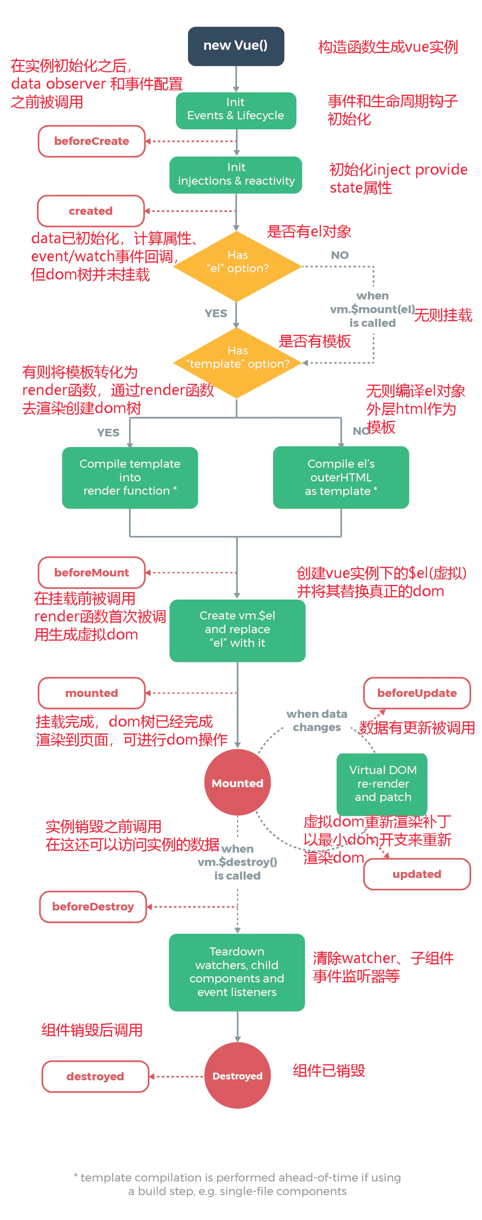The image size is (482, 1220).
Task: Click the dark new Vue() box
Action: [235, 46]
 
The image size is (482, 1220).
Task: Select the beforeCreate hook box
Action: [92, 141]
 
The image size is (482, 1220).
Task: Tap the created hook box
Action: [90, 211]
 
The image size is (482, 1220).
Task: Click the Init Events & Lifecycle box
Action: [235, 110]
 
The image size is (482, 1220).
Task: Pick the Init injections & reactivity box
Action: [235, 175]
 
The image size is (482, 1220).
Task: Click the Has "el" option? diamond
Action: [237, 266]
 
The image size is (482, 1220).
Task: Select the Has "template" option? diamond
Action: [237, 363]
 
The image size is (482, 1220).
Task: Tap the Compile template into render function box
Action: [130, 477]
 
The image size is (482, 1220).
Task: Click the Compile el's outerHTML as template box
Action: [341, 477]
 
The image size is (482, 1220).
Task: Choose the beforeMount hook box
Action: [92, 572]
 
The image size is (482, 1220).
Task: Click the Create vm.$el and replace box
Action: [237, 630]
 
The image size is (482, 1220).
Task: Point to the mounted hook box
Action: [92, 693]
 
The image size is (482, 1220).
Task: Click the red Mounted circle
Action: [237, 782]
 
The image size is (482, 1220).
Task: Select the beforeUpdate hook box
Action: [417, 693]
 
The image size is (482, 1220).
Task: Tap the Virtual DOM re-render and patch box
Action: [382, 783]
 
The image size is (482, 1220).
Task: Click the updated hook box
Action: [417, 874]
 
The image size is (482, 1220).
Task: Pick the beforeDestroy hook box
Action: [93, 906]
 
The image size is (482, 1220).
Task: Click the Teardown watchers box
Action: [237, 972]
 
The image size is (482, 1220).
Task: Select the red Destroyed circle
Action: [237, 1075]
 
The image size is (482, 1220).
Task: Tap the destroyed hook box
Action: [95, 1076]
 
